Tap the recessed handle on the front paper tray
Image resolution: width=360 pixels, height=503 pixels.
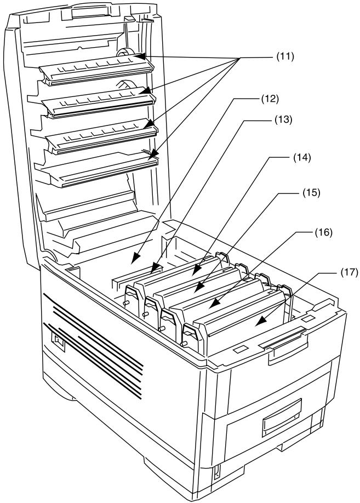coord(280,423)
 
